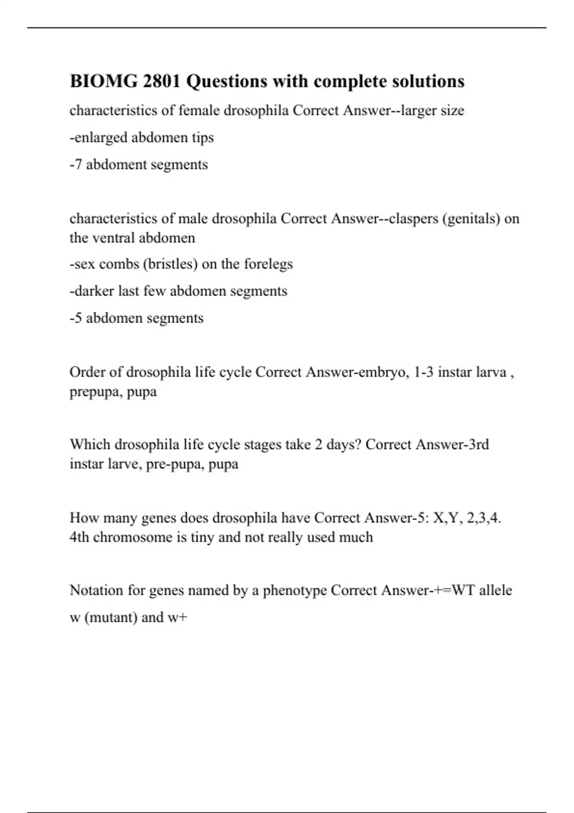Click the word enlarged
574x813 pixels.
tap(100, 138)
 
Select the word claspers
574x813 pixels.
tap(414, 219)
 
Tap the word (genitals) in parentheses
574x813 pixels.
tap(472, 219)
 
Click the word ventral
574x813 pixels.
tap(111, 238)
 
